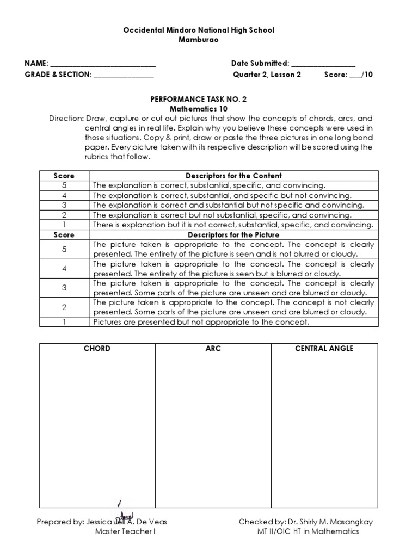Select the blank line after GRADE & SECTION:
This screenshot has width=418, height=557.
(124, 75)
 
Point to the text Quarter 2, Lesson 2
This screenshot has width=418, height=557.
(267, 75)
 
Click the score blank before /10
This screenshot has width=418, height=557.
(355, 76)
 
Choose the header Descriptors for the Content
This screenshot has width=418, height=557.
(233, 176)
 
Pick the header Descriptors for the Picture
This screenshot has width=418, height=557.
(233, 235)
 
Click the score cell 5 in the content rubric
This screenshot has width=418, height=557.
(64, 185)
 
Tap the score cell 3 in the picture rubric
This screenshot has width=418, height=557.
(64, 288)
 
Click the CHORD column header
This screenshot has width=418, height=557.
(97, 349)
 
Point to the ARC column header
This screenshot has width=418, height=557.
(213, 349)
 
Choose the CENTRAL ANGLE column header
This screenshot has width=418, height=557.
(324, 349)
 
